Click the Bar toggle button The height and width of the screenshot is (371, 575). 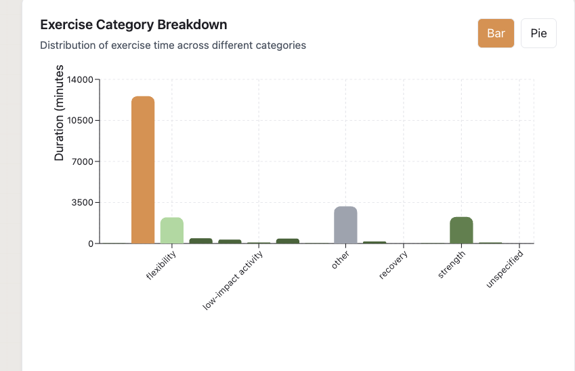[496, 33]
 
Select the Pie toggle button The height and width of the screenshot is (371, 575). [538, 33]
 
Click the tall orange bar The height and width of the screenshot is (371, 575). [143, 170]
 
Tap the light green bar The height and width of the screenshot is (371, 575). [172, 230]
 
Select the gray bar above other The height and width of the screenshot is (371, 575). [345, 224]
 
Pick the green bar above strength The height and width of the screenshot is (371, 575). [461, 230]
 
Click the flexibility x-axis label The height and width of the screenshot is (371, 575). [162, 266]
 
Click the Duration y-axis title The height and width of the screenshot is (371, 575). [59, 113]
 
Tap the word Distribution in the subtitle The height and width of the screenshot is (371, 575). [66, 45]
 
